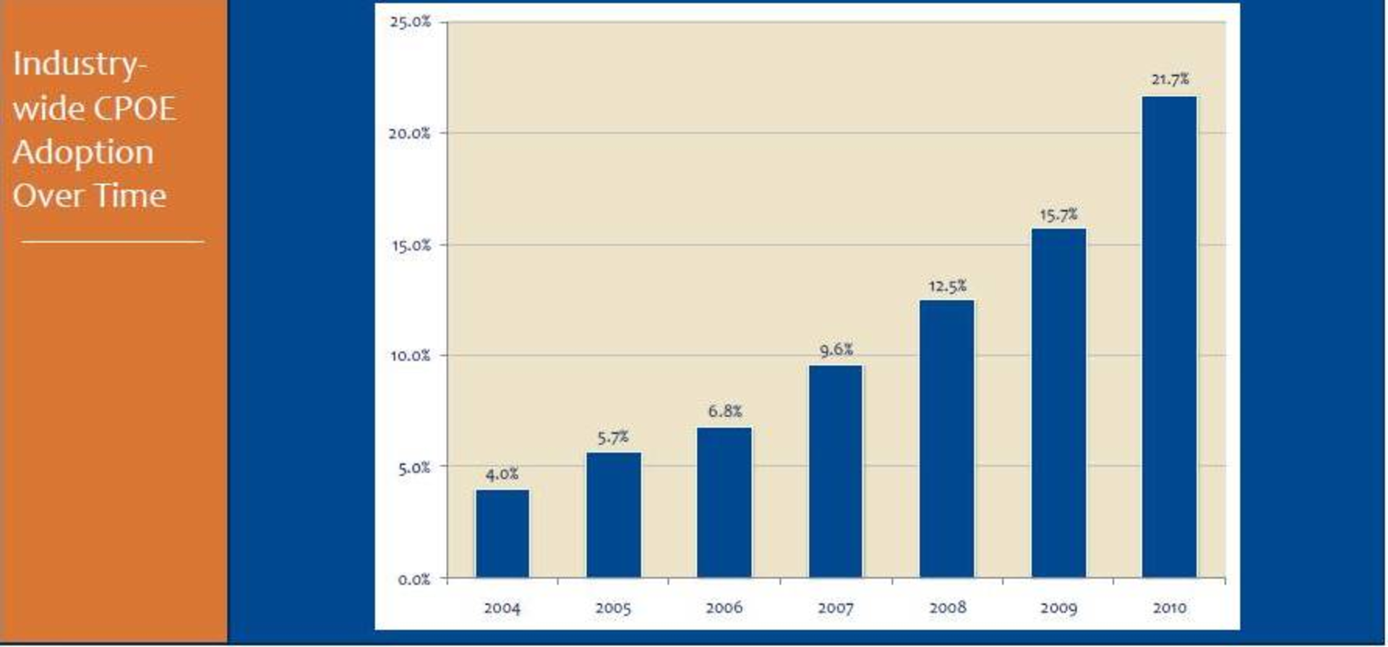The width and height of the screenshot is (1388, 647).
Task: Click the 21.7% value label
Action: click(1169, 80)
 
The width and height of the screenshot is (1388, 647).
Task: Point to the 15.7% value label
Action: click(1058, 215)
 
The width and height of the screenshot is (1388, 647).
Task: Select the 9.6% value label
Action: click(836, 350)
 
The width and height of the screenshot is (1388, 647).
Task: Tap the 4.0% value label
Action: click(502, 474)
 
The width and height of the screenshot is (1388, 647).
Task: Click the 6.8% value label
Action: click(724, 411)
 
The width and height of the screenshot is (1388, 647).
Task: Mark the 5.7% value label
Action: click(613, 437)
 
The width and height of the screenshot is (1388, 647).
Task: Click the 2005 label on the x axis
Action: click(613, 608)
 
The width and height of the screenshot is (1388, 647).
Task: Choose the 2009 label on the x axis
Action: click(1058, 608)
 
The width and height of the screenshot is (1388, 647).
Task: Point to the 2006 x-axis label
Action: click(724, 608)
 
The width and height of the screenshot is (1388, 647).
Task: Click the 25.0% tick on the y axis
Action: click(410, 22)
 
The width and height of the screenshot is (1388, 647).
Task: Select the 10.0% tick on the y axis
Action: click(410, 356)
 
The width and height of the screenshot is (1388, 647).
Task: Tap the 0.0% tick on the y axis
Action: click(414, 579)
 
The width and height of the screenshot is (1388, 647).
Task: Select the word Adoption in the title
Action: click(83, 153)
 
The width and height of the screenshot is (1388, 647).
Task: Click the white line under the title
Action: click(112, 241)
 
